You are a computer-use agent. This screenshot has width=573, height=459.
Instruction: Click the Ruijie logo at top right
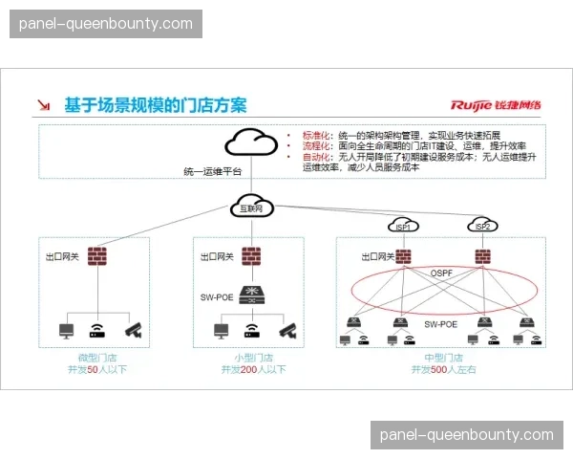[497, 105]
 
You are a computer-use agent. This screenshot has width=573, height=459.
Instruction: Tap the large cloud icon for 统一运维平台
[250, 144]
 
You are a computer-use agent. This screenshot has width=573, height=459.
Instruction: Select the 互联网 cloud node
[250, 208]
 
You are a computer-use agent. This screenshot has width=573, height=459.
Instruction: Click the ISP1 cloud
[403, 226]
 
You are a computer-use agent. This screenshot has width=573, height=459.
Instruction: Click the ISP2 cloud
[482, 226]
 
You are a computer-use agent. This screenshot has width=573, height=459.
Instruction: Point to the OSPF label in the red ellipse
[441, 273]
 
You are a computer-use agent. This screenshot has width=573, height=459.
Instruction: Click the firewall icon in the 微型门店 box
[96, 256]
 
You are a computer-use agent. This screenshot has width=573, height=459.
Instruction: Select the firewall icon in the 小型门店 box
[251, 256]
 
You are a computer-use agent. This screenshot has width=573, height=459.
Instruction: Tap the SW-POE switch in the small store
[251, 294]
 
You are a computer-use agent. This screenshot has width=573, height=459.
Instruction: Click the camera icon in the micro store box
[131, 330]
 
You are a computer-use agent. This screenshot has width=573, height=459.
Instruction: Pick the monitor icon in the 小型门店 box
[222, 331]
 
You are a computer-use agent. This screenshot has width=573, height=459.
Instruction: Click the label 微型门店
[96, 357]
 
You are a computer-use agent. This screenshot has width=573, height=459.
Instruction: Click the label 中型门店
[443, 357]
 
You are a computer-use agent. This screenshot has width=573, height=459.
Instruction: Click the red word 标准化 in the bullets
[315, 136]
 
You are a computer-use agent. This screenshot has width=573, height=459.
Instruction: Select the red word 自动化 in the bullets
[315, 156]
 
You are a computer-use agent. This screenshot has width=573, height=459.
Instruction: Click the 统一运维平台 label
[212, 171]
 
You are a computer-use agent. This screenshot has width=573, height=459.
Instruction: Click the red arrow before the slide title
[44, 105]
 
